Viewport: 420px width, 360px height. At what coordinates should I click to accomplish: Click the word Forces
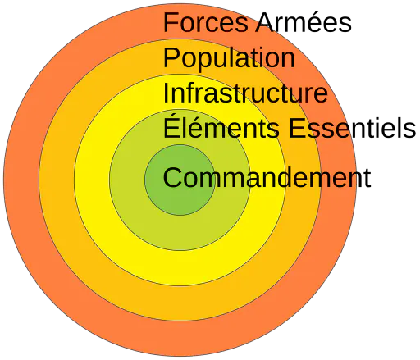205,22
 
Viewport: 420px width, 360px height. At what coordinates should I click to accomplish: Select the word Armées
304,22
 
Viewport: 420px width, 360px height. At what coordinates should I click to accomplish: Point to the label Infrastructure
245,93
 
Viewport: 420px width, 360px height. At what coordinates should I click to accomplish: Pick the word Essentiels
352,128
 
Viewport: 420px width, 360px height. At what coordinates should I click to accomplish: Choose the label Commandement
267,178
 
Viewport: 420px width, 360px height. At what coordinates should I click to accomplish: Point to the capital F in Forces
171,22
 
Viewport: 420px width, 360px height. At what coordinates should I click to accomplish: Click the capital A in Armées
265,22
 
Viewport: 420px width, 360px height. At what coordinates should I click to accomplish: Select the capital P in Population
171,57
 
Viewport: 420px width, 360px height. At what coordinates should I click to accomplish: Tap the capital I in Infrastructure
166,93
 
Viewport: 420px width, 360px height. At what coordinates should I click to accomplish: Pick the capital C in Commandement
172,178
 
